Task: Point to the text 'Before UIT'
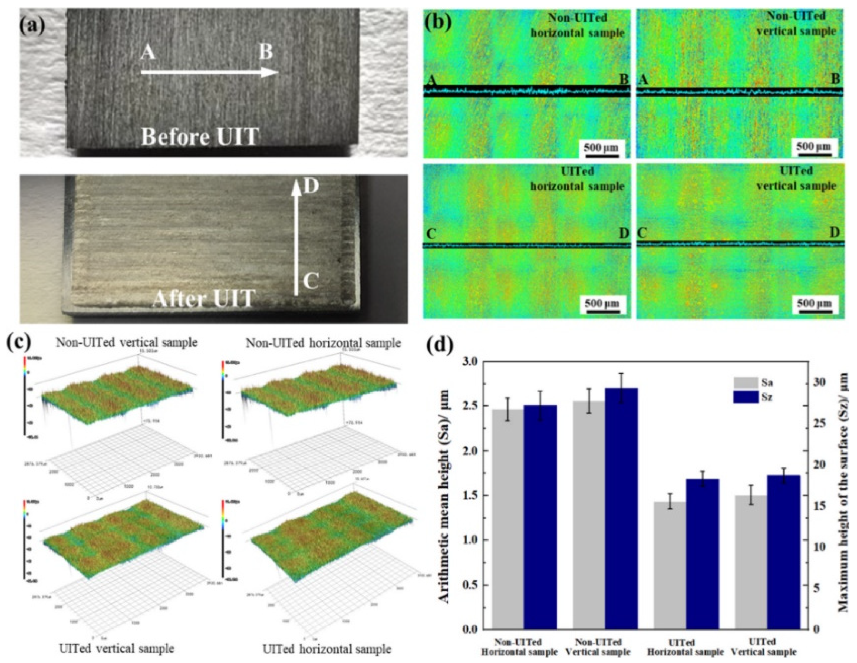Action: click(x=200, y=137)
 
